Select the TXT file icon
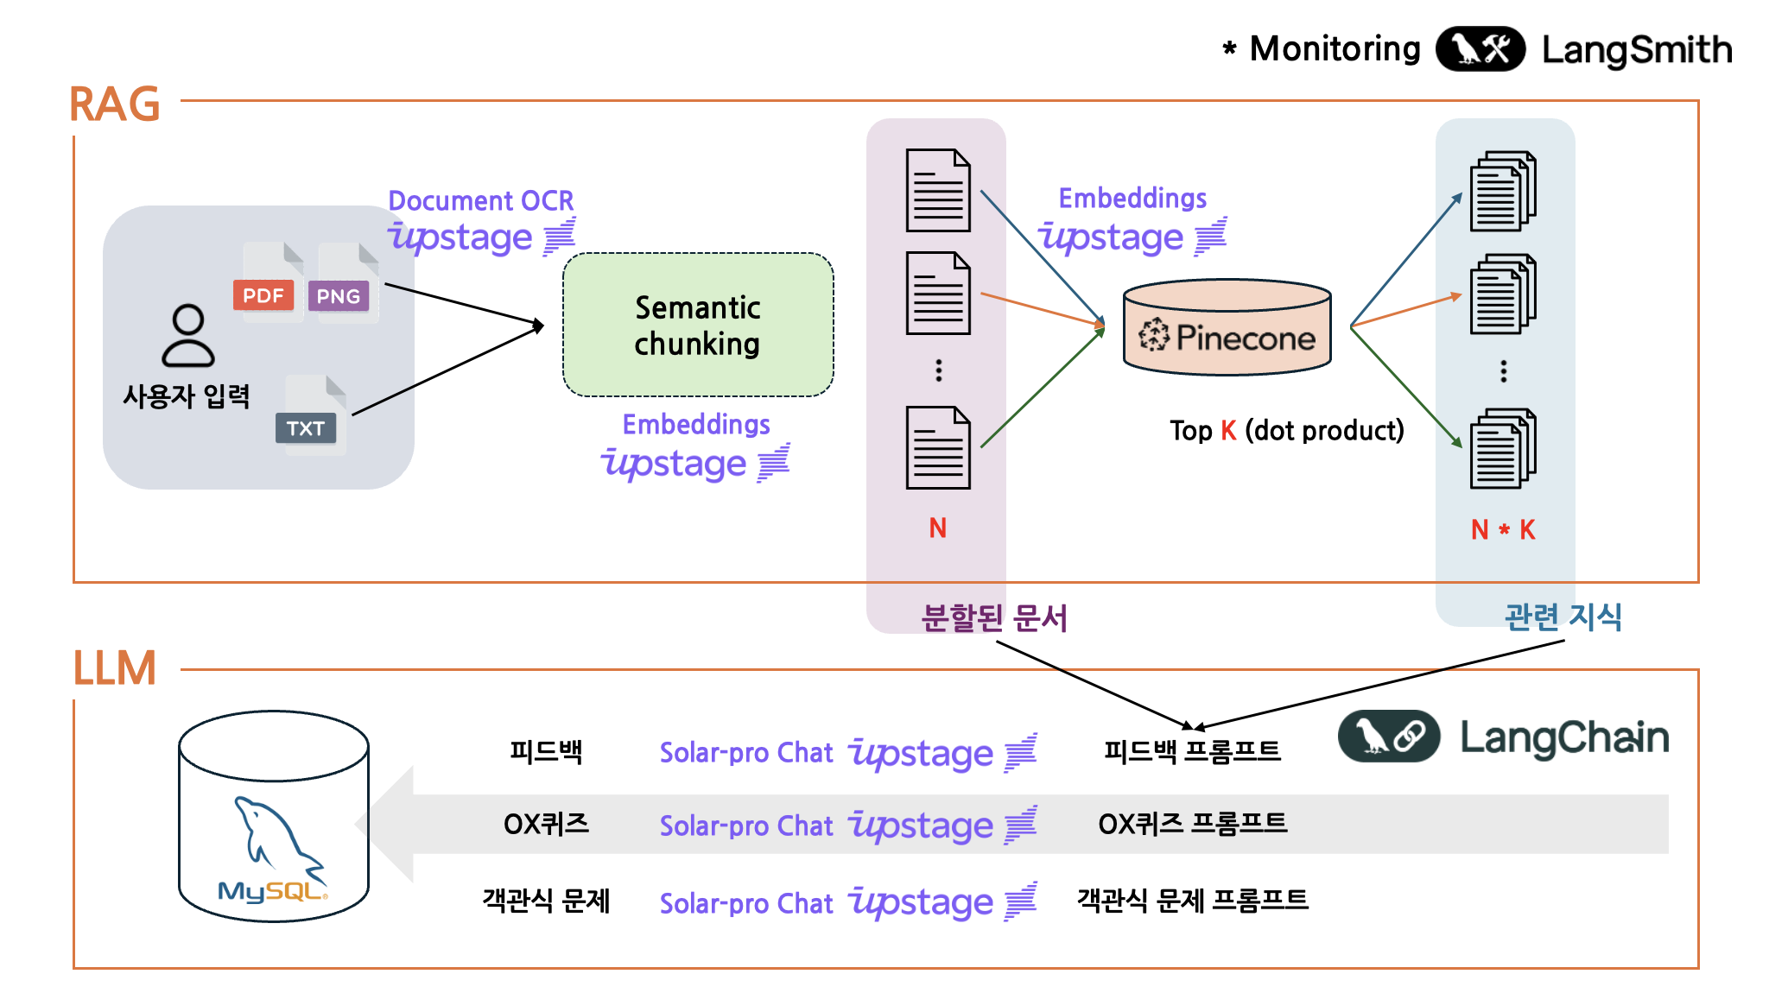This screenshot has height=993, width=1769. click(x=311, y=416)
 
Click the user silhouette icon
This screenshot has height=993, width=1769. click(x=187, y=336)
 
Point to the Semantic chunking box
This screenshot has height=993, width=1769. click(x=698, y=325)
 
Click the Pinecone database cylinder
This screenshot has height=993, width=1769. click(x=1227, y=327)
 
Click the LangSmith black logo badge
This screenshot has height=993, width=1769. click(x=1480, y=49)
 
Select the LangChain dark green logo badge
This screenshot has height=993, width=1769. click(x=1389, y=737)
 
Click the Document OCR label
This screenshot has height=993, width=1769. click(x=481, y=200)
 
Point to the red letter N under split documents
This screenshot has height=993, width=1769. click(x=938, y=528)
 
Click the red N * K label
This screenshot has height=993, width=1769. click(x=1503, y=529)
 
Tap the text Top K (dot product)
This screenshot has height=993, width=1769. click(x=1286, y=430)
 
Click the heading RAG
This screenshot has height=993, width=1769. click(x=115, y=104)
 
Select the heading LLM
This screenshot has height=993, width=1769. click(x=115, y=668)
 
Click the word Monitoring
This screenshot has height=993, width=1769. click(x=1335, y=49)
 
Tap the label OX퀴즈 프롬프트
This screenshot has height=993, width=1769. click(x=1192, y=824)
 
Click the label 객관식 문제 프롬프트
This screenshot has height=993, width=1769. click(x=1192, y=901)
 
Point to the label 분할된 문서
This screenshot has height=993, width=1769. click(x=994, y=617)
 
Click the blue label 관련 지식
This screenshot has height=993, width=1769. click(x=1563, y=617)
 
